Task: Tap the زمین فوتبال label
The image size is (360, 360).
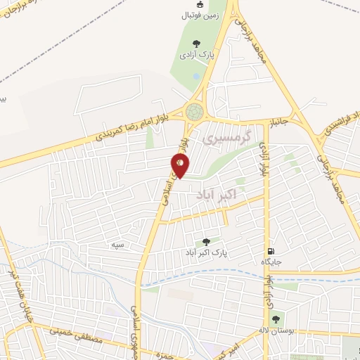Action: coord(200,15)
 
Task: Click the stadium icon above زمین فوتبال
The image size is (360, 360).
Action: coord(200,4)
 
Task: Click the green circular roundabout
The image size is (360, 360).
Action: coord(195,111)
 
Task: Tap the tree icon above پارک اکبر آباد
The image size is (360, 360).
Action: coord(205,240)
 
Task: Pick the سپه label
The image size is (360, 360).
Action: coord(117,244)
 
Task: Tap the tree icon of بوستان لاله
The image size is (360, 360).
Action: coord(275,317)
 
